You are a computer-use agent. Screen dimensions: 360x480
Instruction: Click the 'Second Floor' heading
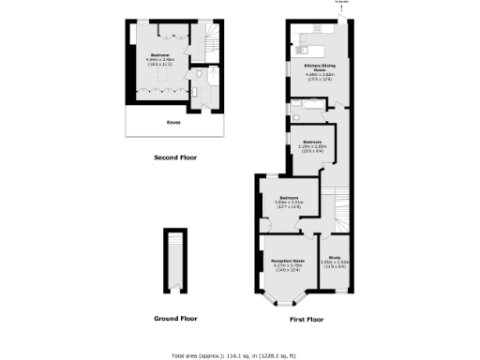pos(172,157)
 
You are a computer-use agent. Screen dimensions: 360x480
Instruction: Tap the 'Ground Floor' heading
pos(175,319)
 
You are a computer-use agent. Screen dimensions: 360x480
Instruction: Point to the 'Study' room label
pos(335,257)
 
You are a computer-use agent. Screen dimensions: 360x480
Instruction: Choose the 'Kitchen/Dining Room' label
pos(321,67)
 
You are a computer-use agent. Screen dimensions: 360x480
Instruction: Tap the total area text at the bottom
pos(234,354)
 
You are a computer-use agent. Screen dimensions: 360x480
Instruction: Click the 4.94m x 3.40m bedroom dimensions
pos(157,61)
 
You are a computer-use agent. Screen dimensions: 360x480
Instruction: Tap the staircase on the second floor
pos(214,39)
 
